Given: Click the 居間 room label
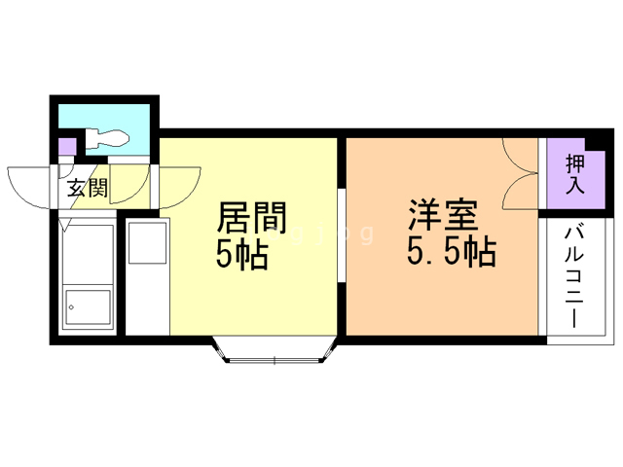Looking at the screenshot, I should tap(250, 215).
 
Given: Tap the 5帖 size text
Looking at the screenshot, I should tap(240, 255).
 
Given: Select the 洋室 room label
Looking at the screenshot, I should tap(441, 213).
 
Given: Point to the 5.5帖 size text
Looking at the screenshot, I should tap(450, 253).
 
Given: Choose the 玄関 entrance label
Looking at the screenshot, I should tap(87, 188).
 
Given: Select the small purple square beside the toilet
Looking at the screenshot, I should tap(66, 148).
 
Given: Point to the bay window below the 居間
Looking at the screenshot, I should tap(275, 352).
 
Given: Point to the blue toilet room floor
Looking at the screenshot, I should tap(131, 122).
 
